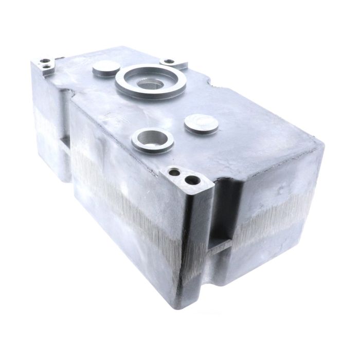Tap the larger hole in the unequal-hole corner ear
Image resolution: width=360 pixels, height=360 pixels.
tap(193, 181)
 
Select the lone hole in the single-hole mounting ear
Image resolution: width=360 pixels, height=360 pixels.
tap(168, 62)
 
